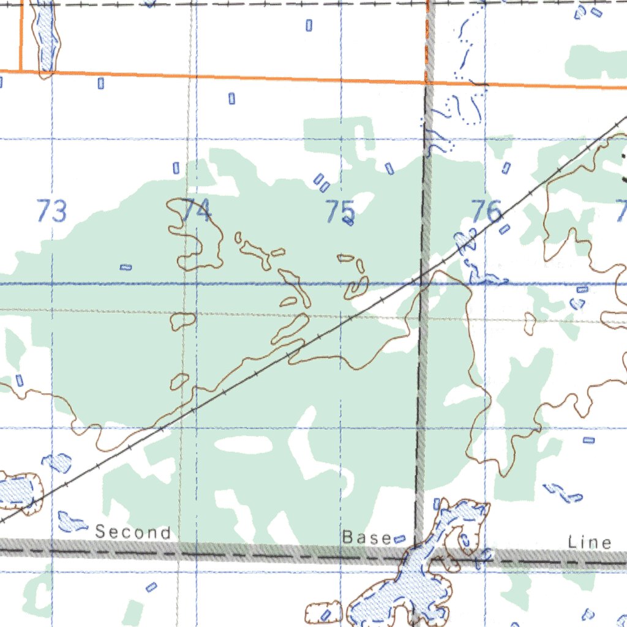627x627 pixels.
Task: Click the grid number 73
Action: coord(51,212)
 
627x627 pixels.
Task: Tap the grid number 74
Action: coord(197,211)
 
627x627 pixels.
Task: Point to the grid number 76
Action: coord(487,211)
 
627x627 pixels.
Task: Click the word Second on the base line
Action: coord(133,533)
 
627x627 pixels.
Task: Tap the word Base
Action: coord(366,538)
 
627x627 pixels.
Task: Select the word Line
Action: coord(590,542)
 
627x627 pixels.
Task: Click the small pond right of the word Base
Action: coord(400,539)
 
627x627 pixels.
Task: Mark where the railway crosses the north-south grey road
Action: coord(423,280)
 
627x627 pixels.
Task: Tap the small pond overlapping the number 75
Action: coord(349,222)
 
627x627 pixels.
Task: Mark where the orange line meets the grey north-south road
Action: coord(427,82)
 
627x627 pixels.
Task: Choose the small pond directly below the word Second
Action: coord(151,587)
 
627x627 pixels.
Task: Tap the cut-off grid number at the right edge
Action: coord(621,212)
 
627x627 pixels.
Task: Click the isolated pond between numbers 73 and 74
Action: coord(126,267)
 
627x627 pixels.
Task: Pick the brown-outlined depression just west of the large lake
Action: coord(324,613)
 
